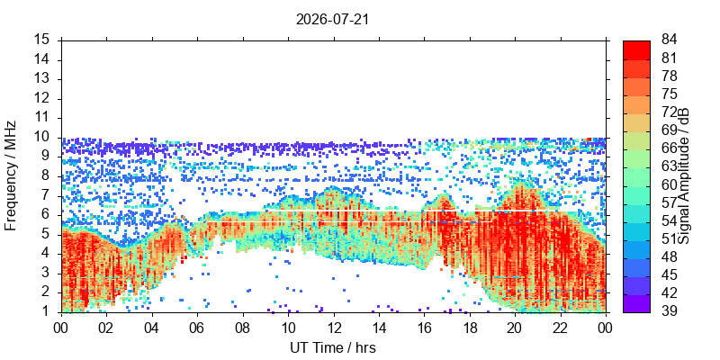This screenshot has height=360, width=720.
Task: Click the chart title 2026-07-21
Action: [332, 20]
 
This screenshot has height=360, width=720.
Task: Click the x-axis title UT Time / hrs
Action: [333, 347]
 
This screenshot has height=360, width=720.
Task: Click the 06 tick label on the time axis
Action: [197, 328]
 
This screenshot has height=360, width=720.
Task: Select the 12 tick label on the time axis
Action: [334, 328]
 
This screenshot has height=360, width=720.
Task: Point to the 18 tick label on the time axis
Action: [470, 328]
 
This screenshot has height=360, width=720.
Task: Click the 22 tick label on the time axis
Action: [561, 328]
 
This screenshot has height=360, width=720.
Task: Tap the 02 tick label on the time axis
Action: [106, 328]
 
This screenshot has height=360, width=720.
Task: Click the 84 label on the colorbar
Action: [669, 40]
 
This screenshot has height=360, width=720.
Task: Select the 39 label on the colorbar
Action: [669, 310]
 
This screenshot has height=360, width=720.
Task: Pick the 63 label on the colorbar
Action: [669, 166]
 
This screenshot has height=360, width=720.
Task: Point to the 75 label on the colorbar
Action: [669, 94]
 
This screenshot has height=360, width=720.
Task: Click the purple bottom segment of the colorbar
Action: [636, 303]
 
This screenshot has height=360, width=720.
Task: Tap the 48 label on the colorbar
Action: [669, 256]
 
